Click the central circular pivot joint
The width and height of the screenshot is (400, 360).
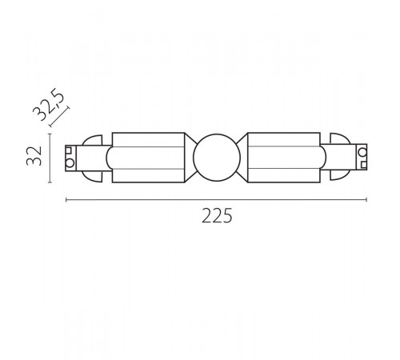(217, 156)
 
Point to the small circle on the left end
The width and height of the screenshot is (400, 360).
(70, 163)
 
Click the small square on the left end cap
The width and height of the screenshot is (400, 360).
(70, 150)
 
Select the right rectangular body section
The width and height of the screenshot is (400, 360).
(284, 156)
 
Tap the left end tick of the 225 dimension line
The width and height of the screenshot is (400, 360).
(65, 198)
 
